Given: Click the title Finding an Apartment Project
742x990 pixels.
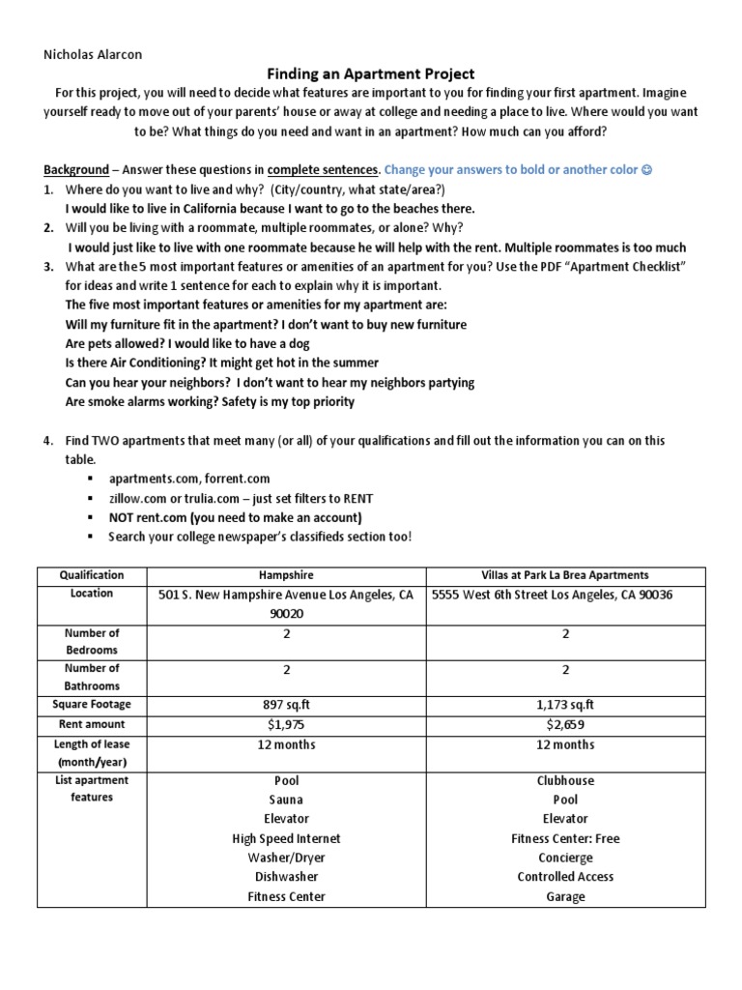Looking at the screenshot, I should click(x=371, y=73).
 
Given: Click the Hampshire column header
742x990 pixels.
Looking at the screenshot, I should click(x=286, y=574).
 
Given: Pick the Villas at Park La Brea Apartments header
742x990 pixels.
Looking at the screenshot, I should click(x=565, y=574).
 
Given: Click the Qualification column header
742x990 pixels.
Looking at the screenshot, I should click(x=92, y=574).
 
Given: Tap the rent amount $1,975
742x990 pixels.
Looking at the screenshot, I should click(x=286, y=724).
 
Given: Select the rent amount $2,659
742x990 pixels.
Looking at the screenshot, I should click(x=565, y=724).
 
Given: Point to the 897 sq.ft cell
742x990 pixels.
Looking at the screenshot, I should click(x=286, y=705).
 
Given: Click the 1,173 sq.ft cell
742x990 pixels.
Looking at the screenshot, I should click(x=565, y=705).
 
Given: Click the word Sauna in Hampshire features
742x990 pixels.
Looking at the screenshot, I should click(x=286, y=800).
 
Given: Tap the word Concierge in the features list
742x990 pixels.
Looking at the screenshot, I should click(x=565, y=858).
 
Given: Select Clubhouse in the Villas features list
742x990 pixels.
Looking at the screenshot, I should click(x=565, y=780).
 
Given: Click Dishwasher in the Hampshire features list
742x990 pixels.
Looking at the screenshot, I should click(x=286, y=877).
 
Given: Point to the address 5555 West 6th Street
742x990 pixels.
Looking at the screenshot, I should click(x=552, y=595).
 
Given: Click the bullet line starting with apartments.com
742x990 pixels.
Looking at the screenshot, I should click(x=189, y=479).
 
